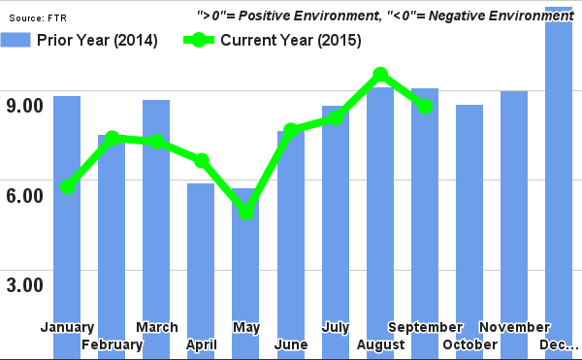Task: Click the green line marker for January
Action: [x=67, y=186]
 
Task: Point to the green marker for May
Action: [x=246, y=212]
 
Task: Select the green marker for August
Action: [x=380, y=75]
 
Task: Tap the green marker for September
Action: [x=425, y=106]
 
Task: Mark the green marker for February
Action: [x=113, y=139]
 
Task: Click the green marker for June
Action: [x=291, y=130]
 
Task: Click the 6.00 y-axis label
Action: [x=22, y=195]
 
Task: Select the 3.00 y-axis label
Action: [x=22, y=285]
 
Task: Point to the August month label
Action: [x=380, y=345]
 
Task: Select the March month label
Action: [x=156, y=327]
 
